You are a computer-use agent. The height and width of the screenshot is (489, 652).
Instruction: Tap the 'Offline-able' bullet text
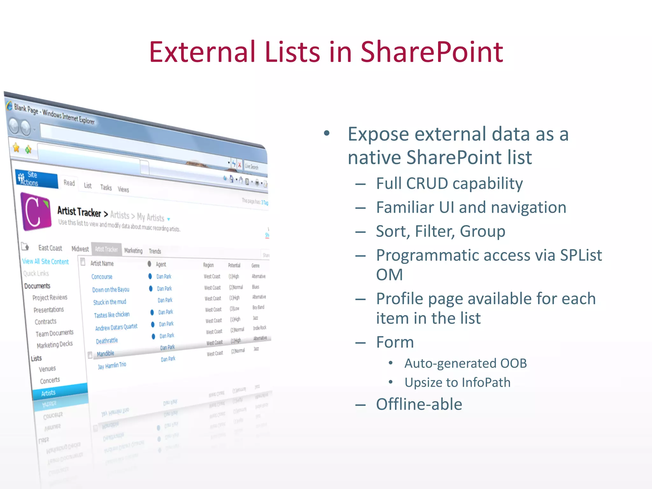click(x=419, y=404)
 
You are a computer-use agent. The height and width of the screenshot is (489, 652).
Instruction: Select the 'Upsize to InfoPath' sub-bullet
click(x=457, y=382)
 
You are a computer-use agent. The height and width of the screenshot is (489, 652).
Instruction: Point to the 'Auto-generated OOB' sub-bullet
click(x=465, y=363)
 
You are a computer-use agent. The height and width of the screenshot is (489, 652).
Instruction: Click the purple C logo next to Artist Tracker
click(x=36, y=211)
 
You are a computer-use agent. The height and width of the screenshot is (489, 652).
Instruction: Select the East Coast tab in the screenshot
click(x=50, y=248)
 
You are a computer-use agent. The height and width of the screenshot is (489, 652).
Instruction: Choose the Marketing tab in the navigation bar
click(x=133, y=251)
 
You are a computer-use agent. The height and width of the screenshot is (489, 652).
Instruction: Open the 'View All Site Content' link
click(x=45, y=261)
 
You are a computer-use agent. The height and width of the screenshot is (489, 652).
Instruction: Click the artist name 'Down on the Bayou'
click(x=110, y=290)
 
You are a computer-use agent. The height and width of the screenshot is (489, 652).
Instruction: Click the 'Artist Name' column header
click(x=102, y=263)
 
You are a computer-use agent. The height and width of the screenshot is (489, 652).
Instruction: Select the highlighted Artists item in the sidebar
click(x=48, y=393)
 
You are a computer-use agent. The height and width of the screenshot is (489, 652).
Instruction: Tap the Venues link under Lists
click(x=47, y=369)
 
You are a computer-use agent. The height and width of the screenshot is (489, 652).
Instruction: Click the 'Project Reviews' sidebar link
click(x=50, y=297)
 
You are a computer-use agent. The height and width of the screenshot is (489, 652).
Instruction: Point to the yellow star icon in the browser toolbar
click(x=16, y=147)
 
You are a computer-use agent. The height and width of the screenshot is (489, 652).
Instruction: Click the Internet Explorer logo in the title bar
click(x=9, y=106)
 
